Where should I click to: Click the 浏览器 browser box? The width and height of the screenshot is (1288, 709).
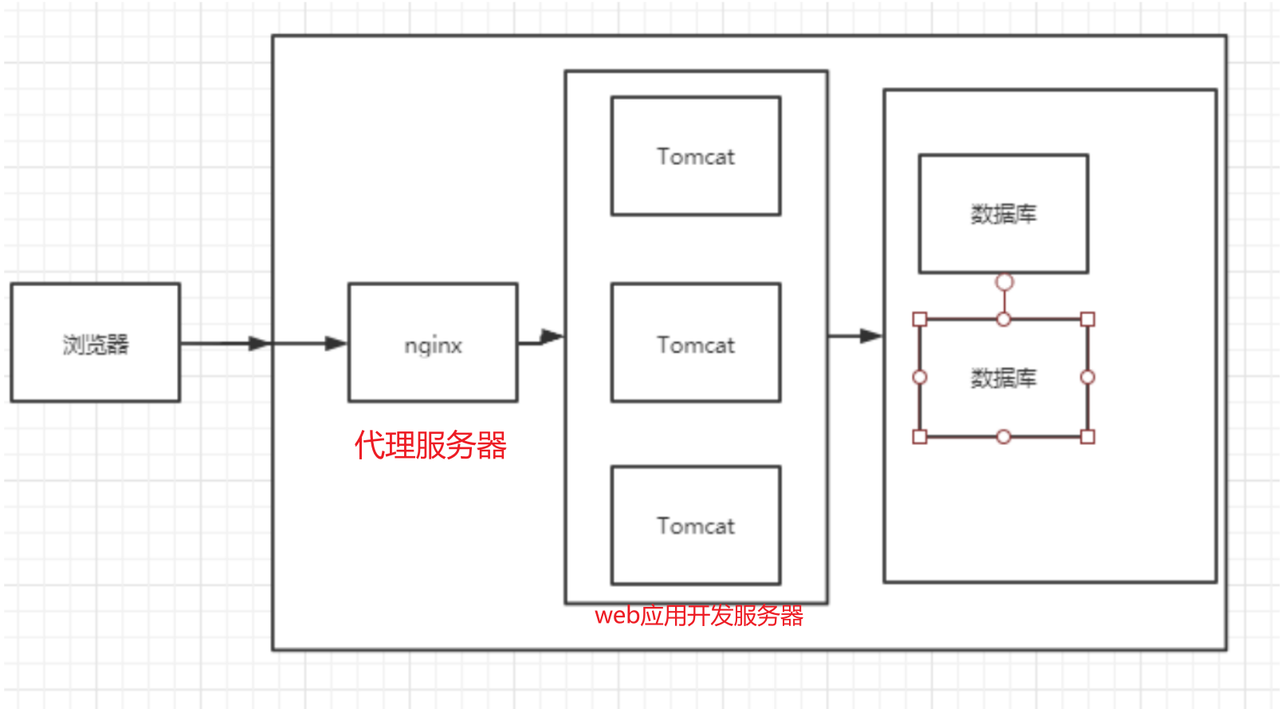coord(95,343)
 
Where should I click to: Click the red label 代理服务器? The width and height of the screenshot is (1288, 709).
coord(430,445)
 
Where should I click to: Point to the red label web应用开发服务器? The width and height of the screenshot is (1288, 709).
coord(699,616)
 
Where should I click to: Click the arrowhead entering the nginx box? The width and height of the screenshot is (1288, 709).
coord(336,344)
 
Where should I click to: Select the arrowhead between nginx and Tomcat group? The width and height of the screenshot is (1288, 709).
coord(552,337)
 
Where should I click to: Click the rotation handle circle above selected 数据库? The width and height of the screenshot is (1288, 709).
coord(1004,282)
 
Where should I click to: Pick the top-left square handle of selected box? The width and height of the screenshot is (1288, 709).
coord(920,320)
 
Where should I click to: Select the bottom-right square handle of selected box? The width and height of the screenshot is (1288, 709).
coord(1087,436)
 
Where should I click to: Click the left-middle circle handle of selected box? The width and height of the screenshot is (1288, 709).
coord(920,377)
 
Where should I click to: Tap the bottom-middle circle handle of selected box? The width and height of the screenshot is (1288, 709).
coord(1003,436)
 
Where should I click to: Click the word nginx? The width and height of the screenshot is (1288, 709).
coord(433,345)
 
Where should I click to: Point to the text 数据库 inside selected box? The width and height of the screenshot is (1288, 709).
coord(1003,378)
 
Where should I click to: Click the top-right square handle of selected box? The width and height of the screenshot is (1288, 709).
coord(1087,320)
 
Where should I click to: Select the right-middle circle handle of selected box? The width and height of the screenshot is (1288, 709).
coord(1087,377)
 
